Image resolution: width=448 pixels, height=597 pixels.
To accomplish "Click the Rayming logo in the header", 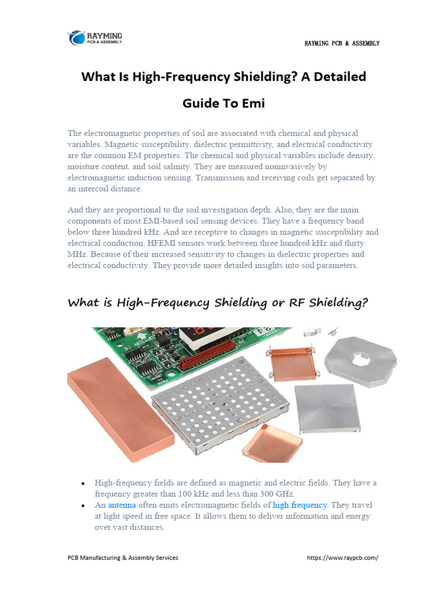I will click(94, 38).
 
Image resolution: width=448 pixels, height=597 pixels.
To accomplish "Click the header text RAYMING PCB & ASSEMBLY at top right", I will click(342, 44).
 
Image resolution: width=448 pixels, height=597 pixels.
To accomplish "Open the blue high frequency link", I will click(300, 505).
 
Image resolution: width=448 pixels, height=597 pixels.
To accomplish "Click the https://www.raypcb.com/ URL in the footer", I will click(342, 558).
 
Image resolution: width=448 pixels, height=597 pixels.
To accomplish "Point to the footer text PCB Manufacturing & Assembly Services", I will click(123, 558).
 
